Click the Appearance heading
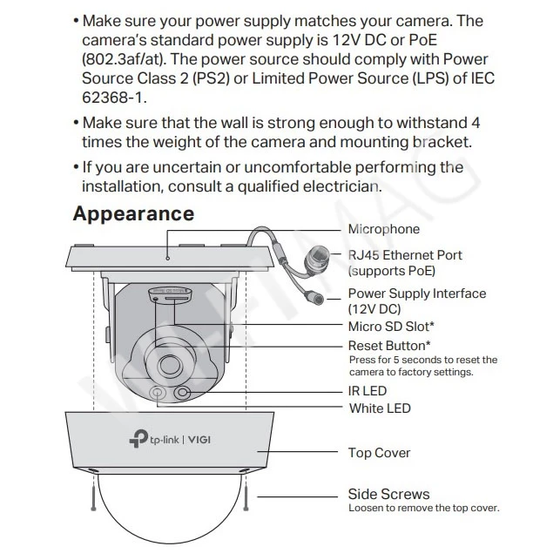pos(133,213)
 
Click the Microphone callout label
pos(384,229)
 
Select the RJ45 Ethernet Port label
pos(405,255)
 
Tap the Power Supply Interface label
pos(417,293)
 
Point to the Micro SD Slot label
pos(391,327)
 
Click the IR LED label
pos(368,391)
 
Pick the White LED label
pos(380,408)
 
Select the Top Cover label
pos(379,453)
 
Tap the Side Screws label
pos(388,494)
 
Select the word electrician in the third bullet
pos(340,186)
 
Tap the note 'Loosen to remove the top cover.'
pos(423,508)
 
